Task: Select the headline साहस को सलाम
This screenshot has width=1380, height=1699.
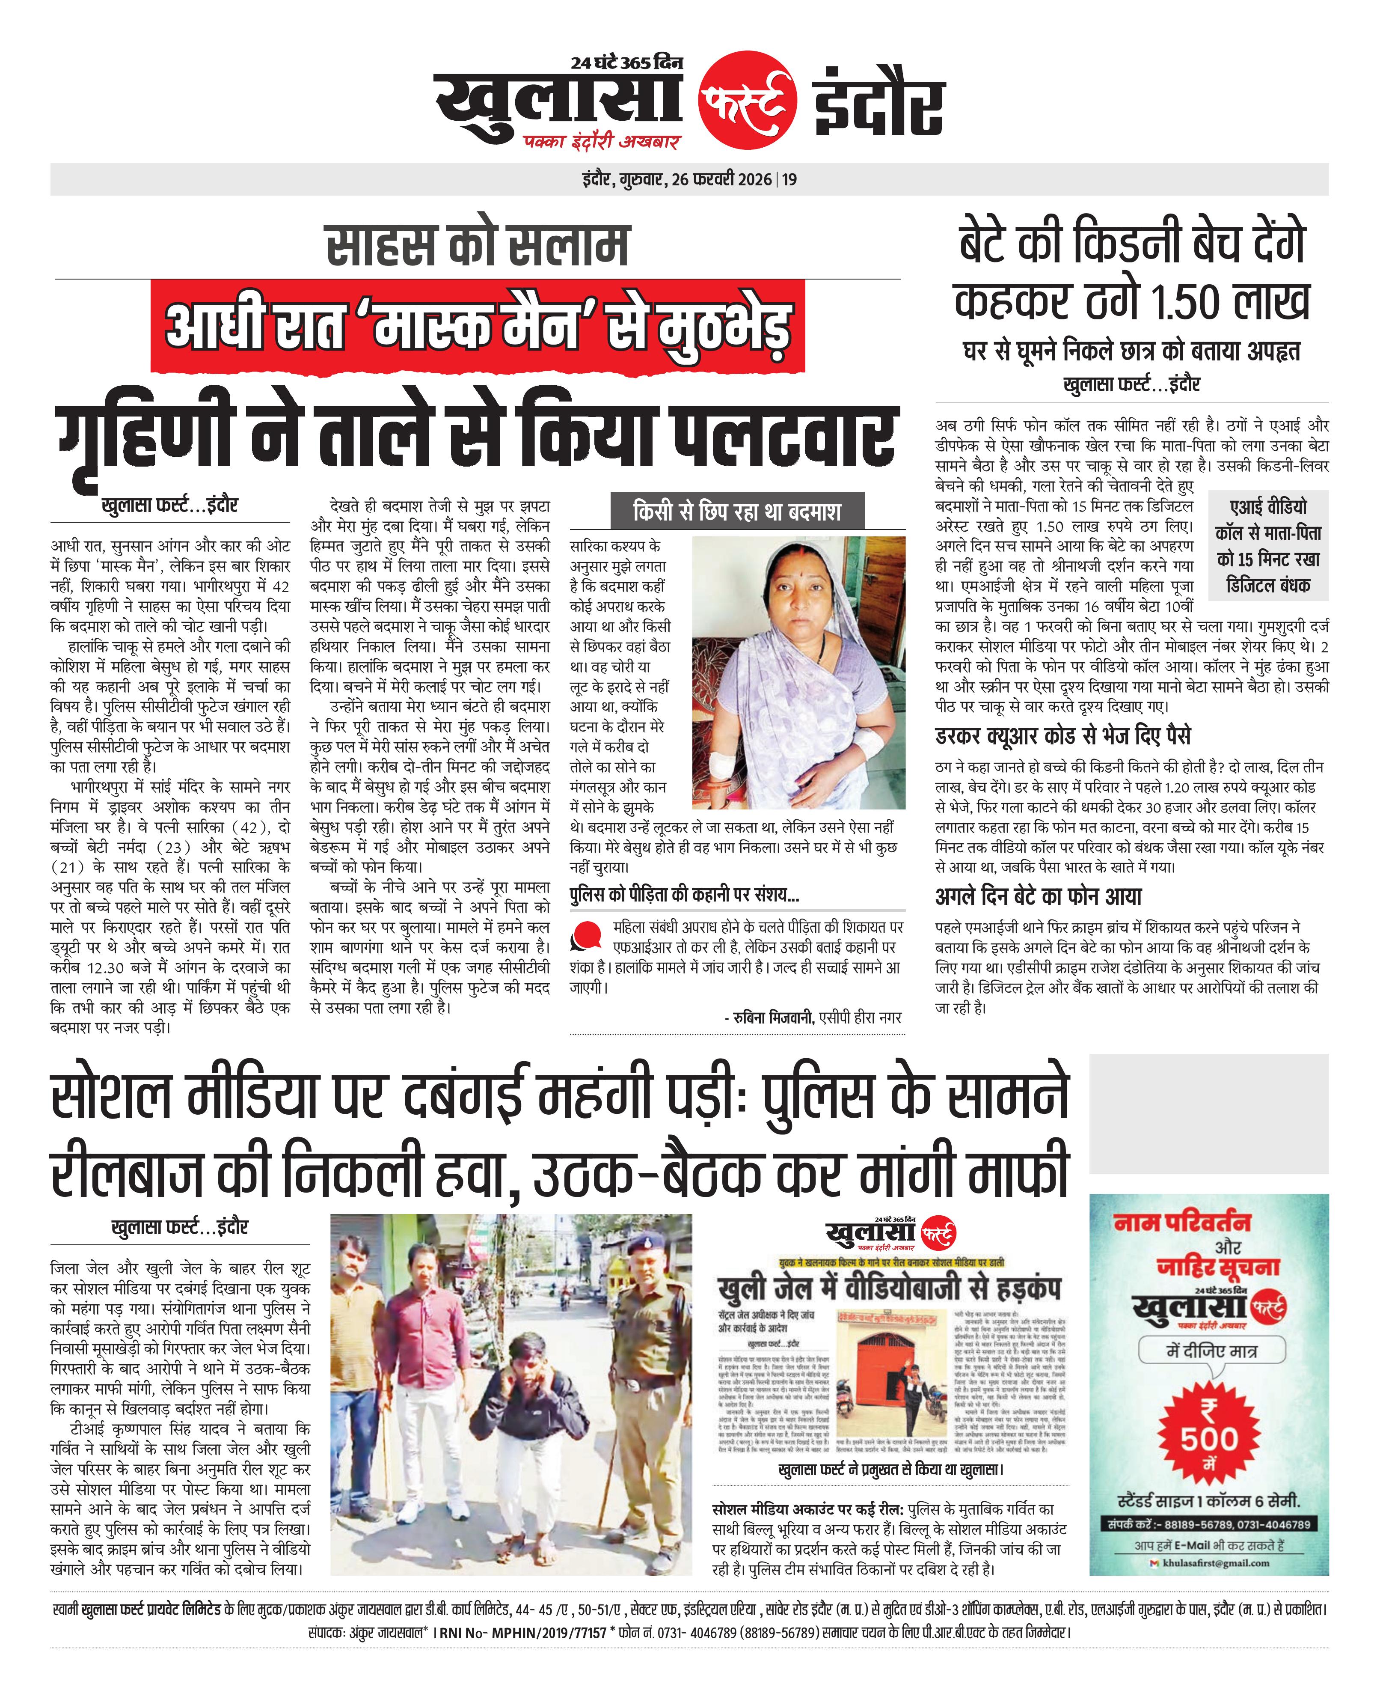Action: [x=478, y=245]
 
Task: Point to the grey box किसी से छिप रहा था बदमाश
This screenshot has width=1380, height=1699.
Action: [x=737, y=511]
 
